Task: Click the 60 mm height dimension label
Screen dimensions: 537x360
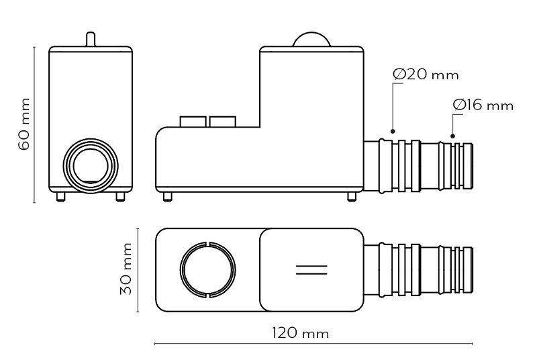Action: pyautogui.click(x=24, y=124)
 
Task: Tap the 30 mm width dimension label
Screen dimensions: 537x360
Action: pyautogui.click(x=126, y=269)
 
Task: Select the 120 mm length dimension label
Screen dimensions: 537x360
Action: pyautogui.click(x=300, y=333)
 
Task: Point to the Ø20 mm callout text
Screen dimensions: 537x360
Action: pyautogui.click(x=426, y=75)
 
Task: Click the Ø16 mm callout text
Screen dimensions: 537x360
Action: pyautogui.click(x=483, y=105)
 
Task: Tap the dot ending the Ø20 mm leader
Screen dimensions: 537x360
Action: pyautogui.click(x=393, y=131)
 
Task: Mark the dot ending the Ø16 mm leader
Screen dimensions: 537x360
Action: pyautogui.click(x=452, y=136)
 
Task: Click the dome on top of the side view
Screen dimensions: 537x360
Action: pyautogui.click(x=311, y=40)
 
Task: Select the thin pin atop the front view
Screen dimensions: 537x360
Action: pyautogui.click(x=91, y=39)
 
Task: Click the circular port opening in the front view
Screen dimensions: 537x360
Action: pyautogui.click(x=91, y=166)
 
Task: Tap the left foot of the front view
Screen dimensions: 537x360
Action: pyautogui.click(x=61, y=197)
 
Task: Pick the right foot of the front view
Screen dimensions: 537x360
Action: pyautogui.click(x=120, y=197)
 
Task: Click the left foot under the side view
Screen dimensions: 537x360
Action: pyautogui.click(x=167, y=197)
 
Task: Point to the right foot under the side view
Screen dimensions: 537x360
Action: pyautogui.click(x=352, y=197)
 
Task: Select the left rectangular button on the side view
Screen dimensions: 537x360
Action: pyautogui.click(x=193, y=122)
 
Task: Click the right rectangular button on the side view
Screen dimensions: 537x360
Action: pyautogui.click(x=223, y=122)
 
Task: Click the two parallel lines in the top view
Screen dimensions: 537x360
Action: pyautogui.click(x=311, y=269)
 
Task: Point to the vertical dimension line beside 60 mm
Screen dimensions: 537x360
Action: pyautogui.click(x=34, y=125)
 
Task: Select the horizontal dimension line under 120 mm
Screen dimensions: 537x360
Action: pyautogui.click(x=313, y=343)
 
